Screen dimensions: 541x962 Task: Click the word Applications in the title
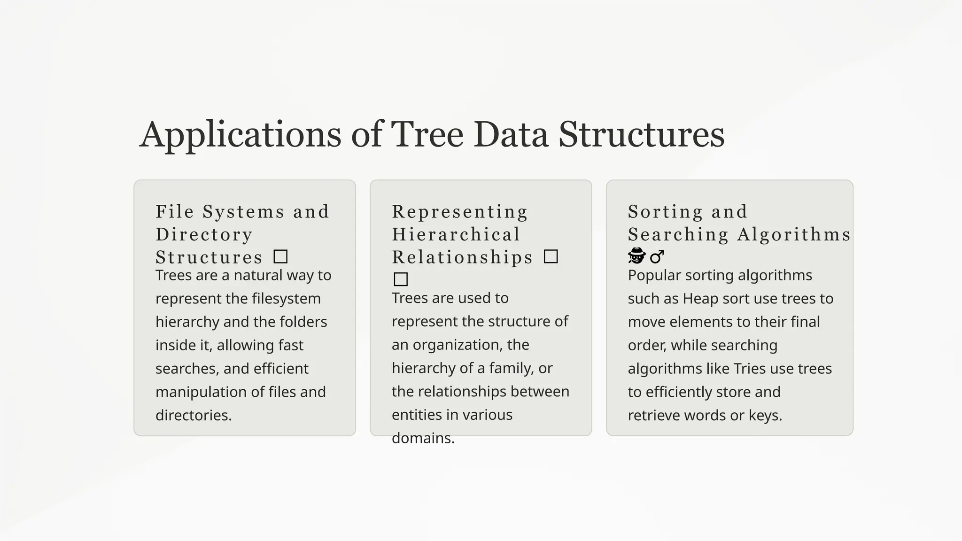pos(240,135)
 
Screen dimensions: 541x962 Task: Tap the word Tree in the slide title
pos(427,134)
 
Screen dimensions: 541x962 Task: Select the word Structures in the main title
pos(641,134)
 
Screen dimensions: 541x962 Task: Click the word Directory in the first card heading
pos(204,234)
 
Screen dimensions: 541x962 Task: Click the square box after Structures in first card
pos(280,257)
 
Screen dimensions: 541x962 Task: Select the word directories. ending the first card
pos(194,415)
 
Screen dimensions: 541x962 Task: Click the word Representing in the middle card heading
pos(460,212)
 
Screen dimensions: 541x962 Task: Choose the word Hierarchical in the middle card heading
pos(456,234)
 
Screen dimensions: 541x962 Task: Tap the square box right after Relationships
pos(551,257)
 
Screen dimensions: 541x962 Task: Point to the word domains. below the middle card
pos(423,438)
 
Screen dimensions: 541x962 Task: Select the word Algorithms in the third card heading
pos(793,234)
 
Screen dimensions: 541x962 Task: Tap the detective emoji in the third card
pos(637,256)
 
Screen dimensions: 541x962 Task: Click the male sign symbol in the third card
pos(657,256)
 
